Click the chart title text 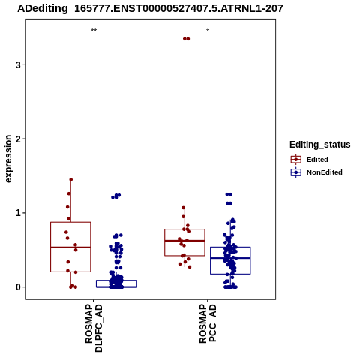click(x=150, y=8)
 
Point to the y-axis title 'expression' click(x=8, y=159)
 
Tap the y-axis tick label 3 click(x=18, y=65)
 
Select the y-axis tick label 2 click(x=18, y=139)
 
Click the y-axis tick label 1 click(x=18, y=213)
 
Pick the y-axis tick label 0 click(x=18, y=287)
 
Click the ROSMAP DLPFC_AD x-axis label click(x=94, y=328)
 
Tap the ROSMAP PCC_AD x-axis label click(x=208, y=323)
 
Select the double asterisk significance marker click(x=94, y=31)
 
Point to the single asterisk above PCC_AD click(x=208, y=31)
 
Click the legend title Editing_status click(x=319, y=145)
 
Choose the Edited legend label click(x=317, y=160)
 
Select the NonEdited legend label click(x=325, y=172)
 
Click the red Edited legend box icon click(x=296, y=160)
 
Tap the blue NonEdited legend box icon click(x=296, y=172)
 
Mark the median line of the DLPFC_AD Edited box click(x=70, y=247)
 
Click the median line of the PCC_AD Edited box click(x=184, y=241)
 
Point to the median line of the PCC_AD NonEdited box click(x=230, y=258)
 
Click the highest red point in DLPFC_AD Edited click(x=71, y=180)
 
